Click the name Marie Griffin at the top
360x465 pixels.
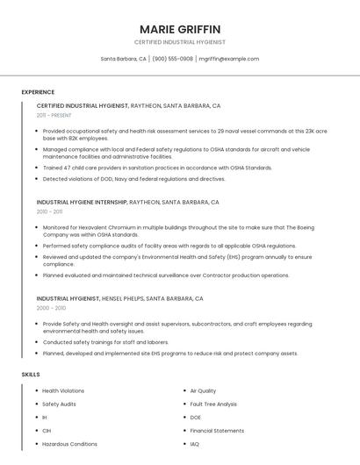click(x=180, y=29)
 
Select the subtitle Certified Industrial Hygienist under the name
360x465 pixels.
click(x=180, y=42)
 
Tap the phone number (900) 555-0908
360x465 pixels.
click(x=173, y=59)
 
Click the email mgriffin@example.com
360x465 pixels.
click(x=229, y=59)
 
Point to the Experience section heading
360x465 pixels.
click(x=38, y=92)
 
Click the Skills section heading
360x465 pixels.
click(x=31, y=375)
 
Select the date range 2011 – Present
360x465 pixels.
click(x=54, y=115)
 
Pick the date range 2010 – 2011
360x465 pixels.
click(x=50, y=211)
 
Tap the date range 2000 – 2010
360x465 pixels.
click(x=51, y=308)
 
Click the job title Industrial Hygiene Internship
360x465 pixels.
click(x=82, y=202)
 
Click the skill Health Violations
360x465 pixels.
click(x=63, y=390)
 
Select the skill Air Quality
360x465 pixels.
click(x=203, y=390)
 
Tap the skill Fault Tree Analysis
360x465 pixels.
click(x=213, y=404)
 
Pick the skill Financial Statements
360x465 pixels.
click(x=217, y=431)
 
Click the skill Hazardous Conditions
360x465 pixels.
click(x=69, y=444)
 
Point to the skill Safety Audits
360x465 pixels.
click(x=59, y=404)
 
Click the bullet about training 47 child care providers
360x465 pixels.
click(x=157, y=168)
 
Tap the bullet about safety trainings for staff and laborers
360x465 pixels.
click(x=105, y=342)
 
